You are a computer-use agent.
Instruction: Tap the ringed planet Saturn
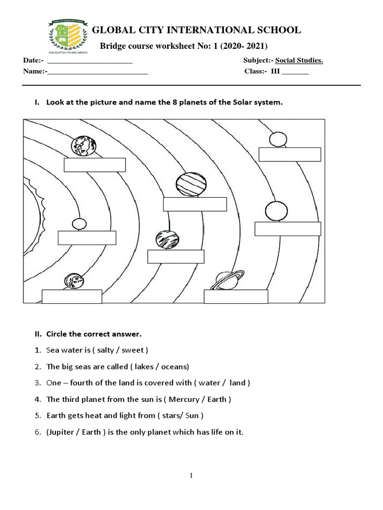tap(227, 280)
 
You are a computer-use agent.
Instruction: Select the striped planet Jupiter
tap(191, 185)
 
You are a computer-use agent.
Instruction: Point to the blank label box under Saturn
tap(236, 296)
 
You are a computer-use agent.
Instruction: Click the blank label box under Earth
tap(95, 165)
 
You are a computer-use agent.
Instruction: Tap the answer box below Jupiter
tap(194, 204)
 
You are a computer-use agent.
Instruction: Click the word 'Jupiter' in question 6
tap(62, 432)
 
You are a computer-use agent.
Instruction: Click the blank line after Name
tap(98, 72)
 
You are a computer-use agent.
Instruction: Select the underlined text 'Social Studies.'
tap(300, 61)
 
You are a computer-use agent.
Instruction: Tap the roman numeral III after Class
tap(275, 71)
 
